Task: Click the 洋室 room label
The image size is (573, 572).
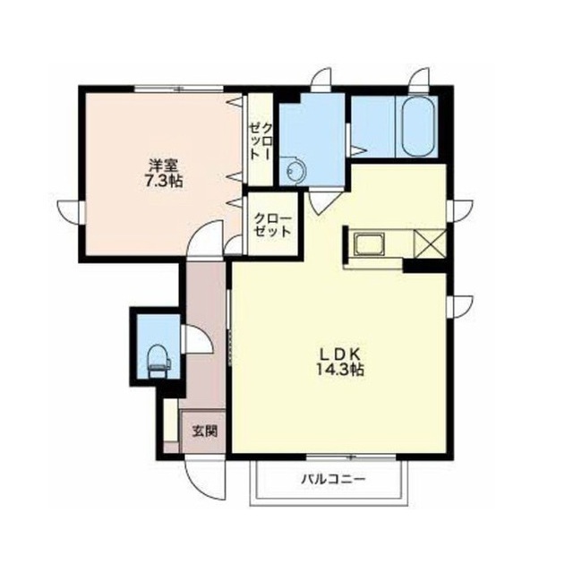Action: coord(163,166)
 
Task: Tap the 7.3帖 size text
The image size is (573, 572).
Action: coord(164,182)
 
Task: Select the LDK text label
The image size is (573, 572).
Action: coord(340,354)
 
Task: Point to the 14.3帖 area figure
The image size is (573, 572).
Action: coord(340,371)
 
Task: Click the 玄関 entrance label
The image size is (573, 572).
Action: coord(205,431)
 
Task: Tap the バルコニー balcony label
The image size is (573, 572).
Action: coord(333,479)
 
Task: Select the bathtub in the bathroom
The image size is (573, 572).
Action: coord(417,127)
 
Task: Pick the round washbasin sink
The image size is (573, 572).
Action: coord(295,171)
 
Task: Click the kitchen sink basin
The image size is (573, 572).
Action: coord(369,244)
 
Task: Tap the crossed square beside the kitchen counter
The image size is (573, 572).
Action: coord(430,243)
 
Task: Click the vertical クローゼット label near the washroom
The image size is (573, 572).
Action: coord(261,141)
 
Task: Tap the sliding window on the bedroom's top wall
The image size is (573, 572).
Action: coord(179,89)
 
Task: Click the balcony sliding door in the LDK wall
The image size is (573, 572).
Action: coord(351,457)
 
